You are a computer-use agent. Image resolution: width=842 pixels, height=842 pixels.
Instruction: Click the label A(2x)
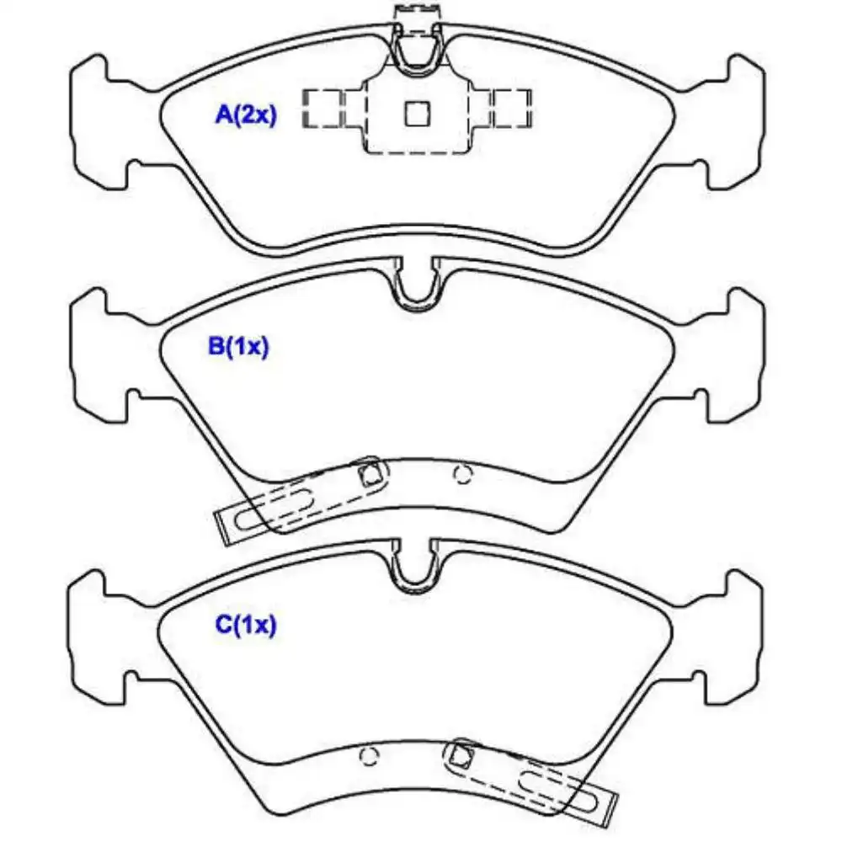(x=246, y=115)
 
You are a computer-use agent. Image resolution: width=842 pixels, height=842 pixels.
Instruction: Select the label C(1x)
(x=245, y=625)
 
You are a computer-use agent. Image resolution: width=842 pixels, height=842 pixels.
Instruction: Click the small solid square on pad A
(x=417, y=114)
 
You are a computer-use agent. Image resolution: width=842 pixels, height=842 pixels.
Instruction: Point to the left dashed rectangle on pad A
(x=322, y=109)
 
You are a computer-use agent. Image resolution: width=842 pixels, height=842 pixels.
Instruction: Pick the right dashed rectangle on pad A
(x=512, y=109)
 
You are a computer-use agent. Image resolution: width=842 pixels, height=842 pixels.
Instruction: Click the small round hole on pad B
(x=462, y=474)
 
